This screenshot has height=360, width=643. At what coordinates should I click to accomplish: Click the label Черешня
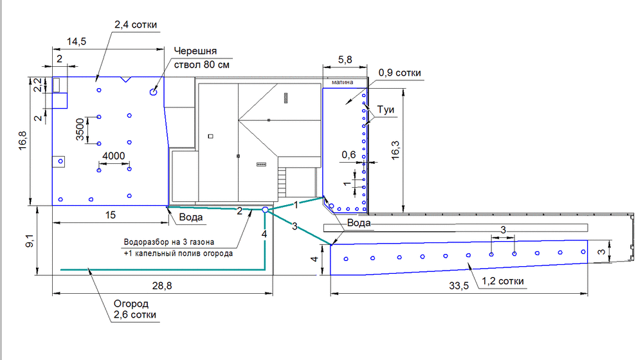coord(195,51)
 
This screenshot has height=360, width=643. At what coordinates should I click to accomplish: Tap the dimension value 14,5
coord(77,41)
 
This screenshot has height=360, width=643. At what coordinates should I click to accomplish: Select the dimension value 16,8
coord(23,140)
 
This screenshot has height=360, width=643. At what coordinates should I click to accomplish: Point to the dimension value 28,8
coord(162,286)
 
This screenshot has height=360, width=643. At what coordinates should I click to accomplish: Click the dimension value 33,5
coord(459,286)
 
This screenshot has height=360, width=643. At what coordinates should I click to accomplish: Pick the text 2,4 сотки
coord(136,24)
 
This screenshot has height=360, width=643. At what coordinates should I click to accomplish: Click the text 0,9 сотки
coord(400,73)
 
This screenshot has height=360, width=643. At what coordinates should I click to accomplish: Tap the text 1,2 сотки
coord(503,282)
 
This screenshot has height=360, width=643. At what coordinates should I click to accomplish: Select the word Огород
coord(131,304)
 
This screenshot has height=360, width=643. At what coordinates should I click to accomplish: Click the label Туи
coord(386,110)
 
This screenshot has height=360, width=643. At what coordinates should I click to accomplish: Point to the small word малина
coord(343,82)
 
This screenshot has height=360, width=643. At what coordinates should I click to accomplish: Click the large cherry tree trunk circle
coord(154,92)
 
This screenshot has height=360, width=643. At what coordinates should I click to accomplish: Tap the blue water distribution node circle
coord(266,210)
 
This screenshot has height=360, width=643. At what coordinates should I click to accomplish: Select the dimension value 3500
coord(80,129)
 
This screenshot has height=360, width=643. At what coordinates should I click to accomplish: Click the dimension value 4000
coord(114,156)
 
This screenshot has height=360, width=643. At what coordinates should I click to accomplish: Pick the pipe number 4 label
coord(264,234)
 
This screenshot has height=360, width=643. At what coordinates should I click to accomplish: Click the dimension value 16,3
coord(395,150)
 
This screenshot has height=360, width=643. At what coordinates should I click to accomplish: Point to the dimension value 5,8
coord(345,60)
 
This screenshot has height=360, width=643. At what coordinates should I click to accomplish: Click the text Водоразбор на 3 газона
coord(169,242)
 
